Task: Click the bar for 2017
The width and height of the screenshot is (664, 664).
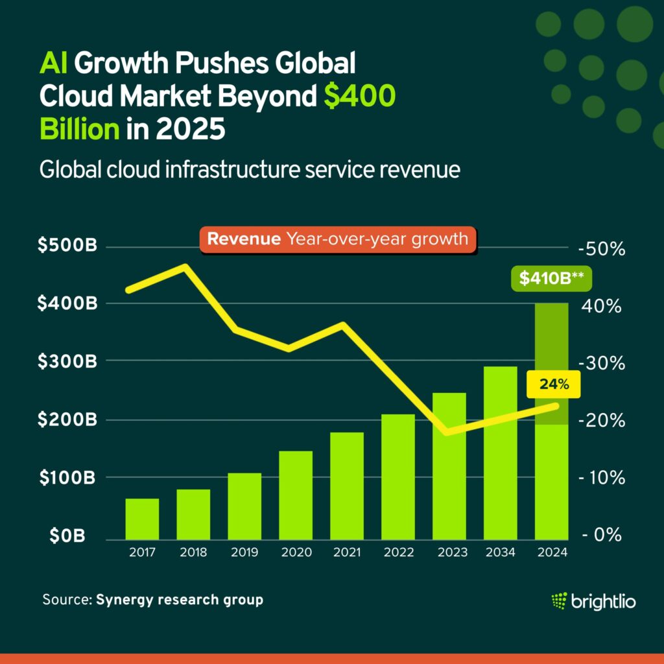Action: tap(142, 519)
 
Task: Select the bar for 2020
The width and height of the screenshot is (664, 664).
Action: tap(296, 495)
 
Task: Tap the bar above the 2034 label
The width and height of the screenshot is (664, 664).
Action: tap(500, 454)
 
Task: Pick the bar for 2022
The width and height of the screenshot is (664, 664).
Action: tap(397, 477)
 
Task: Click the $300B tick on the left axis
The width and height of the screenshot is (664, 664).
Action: tap(67, 362)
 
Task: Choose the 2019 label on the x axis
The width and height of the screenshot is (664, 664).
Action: tap(244, 552)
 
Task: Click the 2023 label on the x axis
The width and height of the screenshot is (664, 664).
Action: tap(449, 552)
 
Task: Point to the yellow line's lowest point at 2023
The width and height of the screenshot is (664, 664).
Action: tap(447, 432)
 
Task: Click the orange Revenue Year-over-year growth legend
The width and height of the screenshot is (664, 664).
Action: tap(337, 239)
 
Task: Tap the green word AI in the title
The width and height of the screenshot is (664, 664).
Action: tap(54, 64)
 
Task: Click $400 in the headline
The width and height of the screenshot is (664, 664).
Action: tap(360, 97)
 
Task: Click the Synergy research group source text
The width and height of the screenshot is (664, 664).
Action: tap(180, 600)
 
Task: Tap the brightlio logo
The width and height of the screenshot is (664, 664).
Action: tap(593, 601)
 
